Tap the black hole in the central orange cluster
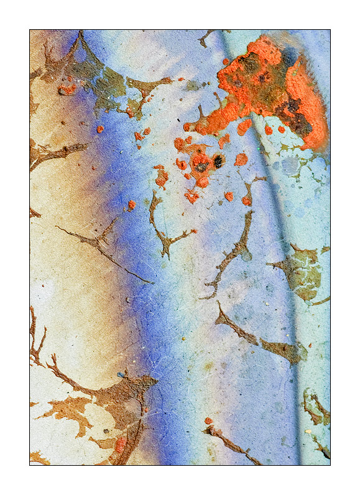218,162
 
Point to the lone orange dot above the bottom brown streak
208,421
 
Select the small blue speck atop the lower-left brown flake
121,374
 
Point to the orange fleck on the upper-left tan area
67,89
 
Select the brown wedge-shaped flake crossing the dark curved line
284,349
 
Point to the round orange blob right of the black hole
241,159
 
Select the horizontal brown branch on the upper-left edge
59,151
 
